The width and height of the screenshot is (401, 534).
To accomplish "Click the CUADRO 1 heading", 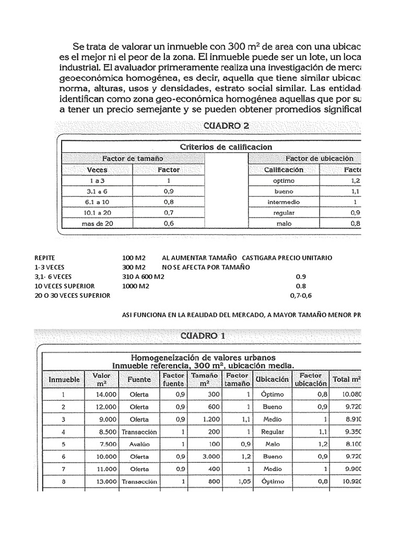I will pos(203,336).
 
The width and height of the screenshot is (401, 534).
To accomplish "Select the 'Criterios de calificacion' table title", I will pos(226,147).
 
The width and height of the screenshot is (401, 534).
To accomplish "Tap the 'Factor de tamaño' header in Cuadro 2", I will pos(133,158).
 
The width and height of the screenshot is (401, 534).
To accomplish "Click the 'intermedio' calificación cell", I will pos(284,202).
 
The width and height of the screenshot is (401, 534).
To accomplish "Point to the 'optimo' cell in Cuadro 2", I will pos(284,180).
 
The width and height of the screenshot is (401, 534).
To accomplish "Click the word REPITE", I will pos(45,258).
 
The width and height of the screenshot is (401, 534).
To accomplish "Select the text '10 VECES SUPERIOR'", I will pos(64,286).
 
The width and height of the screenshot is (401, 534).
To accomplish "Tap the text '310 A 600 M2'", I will pos(143,277).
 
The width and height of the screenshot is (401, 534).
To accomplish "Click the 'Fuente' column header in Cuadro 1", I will pos(139,380).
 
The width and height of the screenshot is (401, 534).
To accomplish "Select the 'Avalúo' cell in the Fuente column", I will pos(139,444).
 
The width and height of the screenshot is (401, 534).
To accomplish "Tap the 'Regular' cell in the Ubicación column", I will pos(273,432).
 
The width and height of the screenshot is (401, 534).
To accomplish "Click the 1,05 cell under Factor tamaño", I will pos(230,482).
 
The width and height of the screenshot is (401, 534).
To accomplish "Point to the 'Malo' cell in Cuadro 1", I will pos(273,444).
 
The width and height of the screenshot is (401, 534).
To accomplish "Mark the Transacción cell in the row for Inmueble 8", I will pos(139,482).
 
